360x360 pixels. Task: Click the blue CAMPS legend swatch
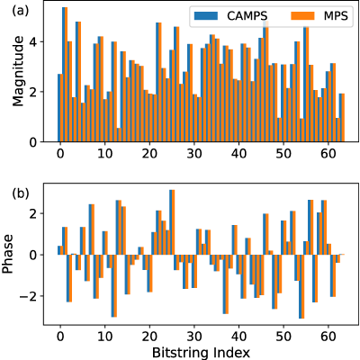206,15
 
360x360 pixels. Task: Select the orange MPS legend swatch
302,15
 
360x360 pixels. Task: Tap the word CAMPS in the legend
247,16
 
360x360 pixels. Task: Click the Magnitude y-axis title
18,71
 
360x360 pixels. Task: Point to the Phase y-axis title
8,254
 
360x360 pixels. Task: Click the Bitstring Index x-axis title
201,352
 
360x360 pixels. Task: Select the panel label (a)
21,11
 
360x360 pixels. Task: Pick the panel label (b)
21,193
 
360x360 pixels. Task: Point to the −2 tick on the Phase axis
29,296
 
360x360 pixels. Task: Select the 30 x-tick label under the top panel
194,154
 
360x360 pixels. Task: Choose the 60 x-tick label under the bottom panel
328,337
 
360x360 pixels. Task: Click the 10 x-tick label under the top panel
104,154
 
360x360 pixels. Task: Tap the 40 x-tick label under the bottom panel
238,337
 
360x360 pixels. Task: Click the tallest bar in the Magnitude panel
65,75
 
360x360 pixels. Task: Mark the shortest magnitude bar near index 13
119,135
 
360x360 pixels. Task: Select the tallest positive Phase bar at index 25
172,222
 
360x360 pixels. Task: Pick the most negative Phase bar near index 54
301,286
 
